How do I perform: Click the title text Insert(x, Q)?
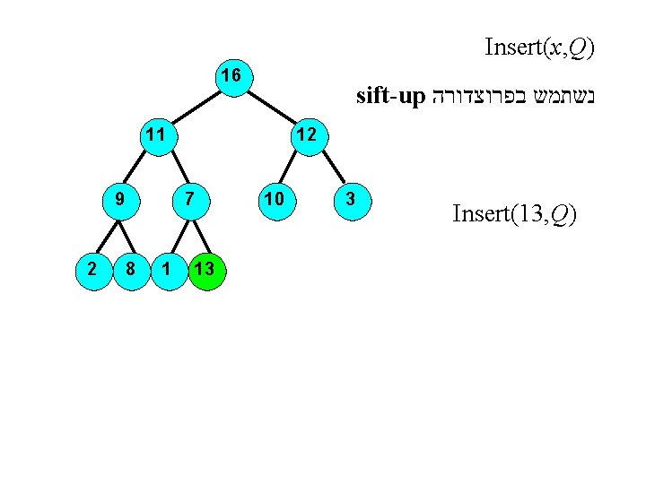click(538, 46)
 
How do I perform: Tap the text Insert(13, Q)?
click(514, 214)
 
